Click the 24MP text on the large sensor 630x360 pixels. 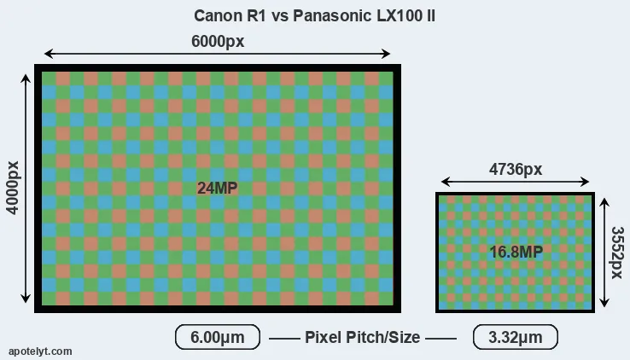click(x=218, y=188)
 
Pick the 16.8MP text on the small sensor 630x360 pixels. click(x=516, y=252)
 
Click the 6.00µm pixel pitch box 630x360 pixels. click(x=218, y=337)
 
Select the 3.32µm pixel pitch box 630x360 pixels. click(x=516, y=337)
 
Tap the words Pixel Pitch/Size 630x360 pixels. click(x=363, y=337)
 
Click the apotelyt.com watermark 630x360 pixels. click(x=40, y=351)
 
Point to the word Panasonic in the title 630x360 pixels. click(x=332, y=15)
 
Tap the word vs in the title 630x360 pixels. click(x=279, y=16)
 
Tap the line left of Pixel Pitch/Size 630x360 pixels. click(x=284, y=339)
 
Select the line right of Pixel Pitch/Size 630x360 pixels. click(x=440, y=339)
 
